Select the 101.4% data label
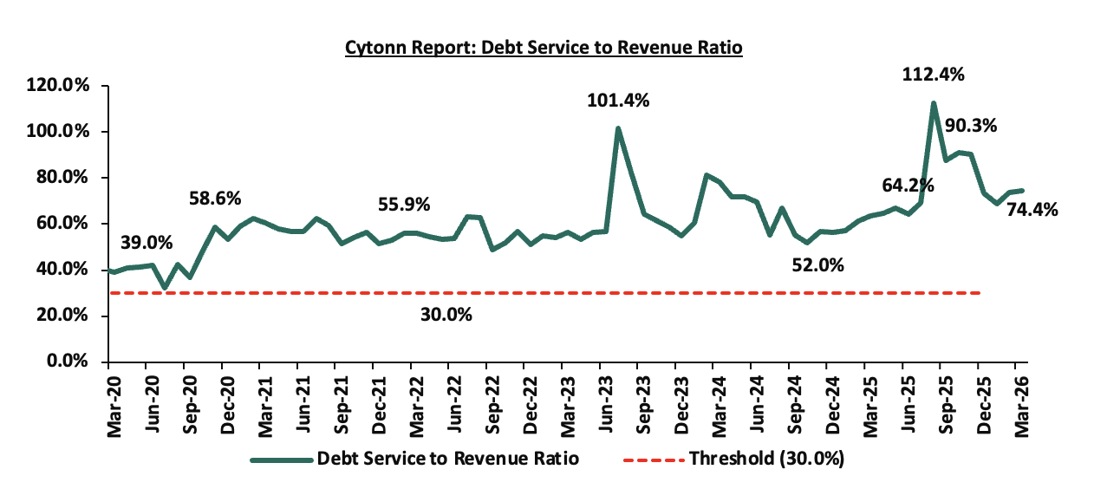pos(617,101)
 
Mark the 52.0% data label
pos(817,266)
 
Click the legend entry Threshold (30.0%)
pos(766,459)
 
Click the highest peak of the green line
pos(933,103)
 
